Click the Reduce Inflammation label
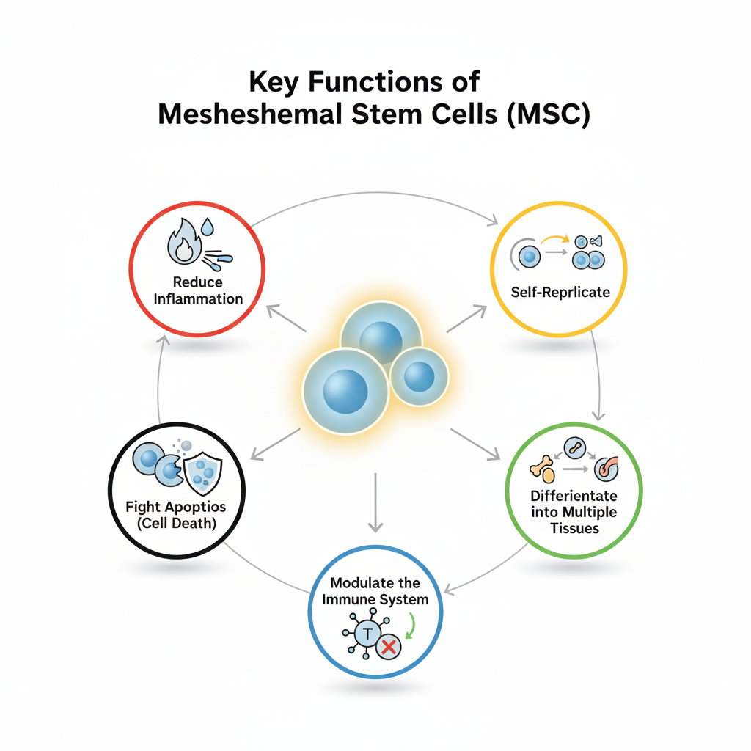click(x=198, y=290)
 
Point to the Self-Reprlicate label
click(x=560, y=292)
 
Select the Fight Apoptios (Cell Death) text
click(x=176, y=515)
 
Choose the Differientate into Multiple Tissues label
click(x=574, y=512)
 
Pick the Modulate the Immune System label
click(x=375, y=591)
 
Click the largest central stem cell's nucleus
click(x=345, y=391)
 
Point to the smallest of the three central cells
click(x=419, y=376)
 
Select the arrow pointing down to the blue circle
click(x=375, y=502)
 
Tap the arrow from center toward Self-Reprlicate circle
click(x=466, y=319)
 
